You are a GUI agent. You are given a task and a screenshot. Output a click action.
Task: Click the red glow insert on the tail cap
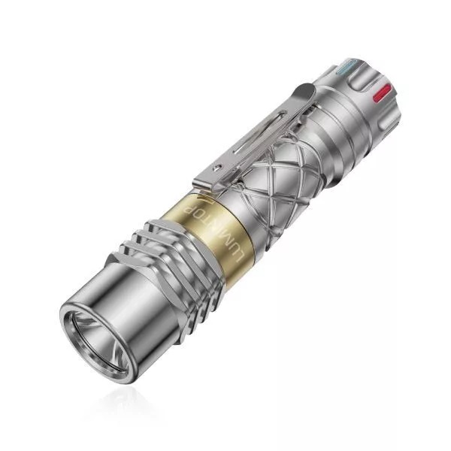381,92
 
